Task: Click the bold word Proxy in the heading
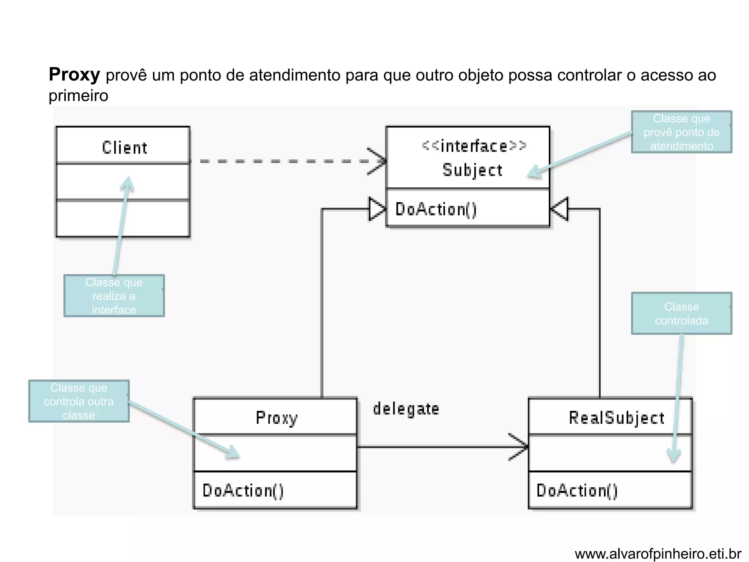(x=74, y=75)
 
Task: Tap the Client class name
(x=124, y=147)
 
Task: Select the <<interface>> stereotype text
(x=474, y=146)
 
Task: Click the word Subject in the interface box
(x=472, y=170)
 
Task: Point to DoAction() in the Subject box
(x=436, y=209)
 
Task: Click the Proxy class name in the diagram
(x=276, y=418)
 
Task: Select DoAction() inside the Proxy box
(x=243, y=491)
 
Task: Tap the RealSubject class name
(x=616, y=418)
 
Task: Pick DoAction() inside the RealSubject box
(x=577, y=491)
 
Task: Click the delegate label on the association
(x=406, y=409)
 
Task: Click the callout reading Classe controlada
(x=681, y=314)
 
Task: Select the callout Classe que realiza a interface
(x=114, y=296)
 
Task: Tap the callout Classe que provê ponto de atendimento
(x=681, y=132)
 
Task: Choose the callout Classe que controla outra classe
(x=79, y=401)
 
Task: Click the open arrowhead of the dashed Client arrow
(x=379, y=161)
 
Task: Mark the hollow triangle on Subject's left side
(x=377, y=209)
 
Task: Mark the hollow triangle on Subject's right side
(x=560, y=209)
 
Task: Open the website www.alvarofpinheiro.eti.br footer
(x=658, y=554)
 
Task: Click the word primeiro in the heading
(x=78, y=96)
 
